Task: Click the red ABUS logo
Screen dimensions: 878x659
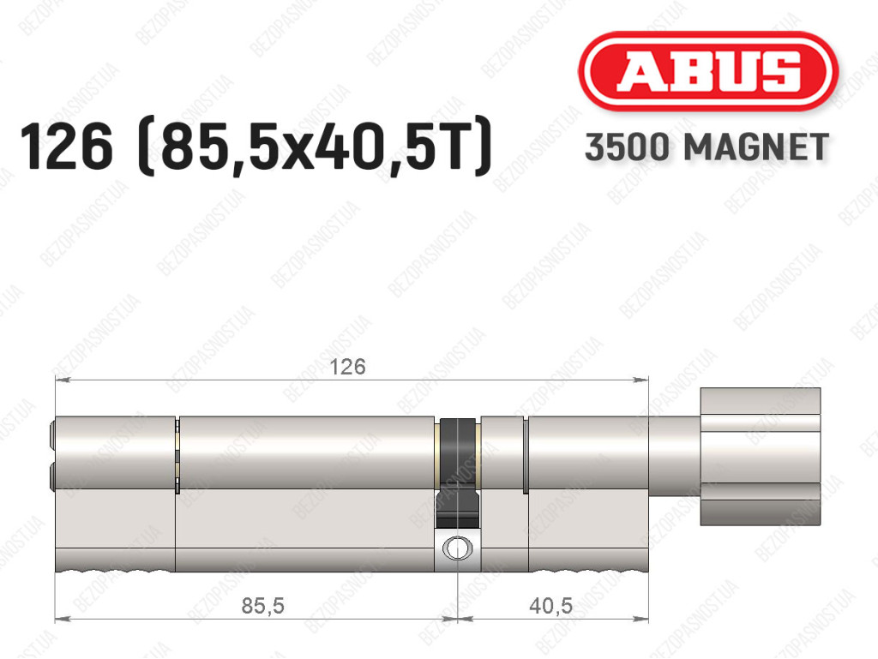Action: pos(707,71)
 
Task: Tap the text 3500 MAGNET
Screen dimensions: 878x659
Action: pos(707,147)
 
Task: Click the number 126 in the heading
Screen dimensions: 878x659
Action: pos(66,147)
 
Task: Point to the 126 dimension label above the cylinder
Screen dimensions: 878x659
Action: pos(347,367)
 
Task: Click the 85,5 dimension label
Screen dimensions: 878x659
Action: pos(262,605)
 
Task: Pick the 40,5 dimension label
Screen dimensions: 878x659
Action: pos(551,605)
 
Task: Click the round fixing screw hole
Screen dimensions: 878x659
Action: pos(457,548)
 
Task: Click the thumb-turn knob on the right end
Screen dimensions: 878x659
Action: pos(761,457)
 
